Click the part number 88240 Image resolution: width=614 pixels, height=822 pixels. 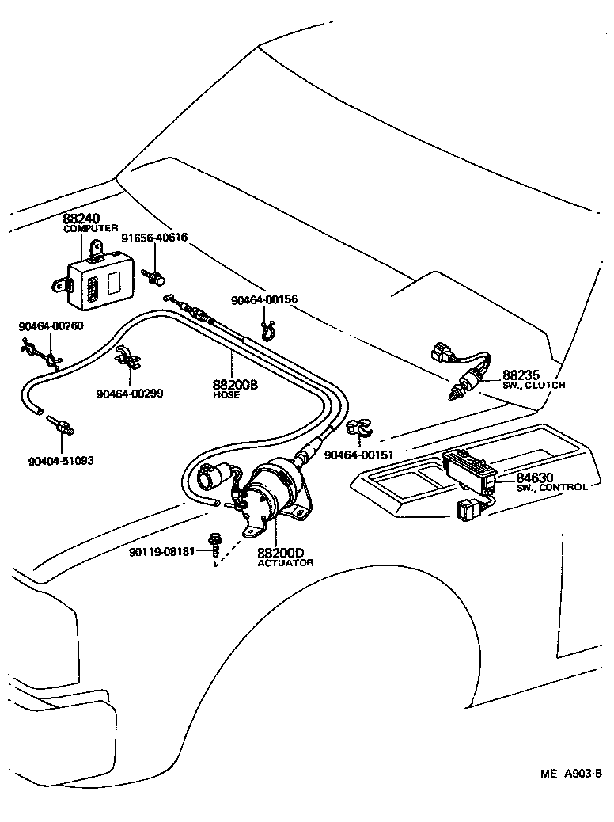point(83,218)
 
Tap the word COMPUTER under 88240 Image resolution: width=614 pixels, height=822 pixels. point(90,228)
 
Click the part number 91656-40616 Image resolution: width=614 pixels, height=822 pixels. point(154,237)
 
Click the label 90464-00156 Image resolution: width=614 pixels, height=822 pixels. point(264,300)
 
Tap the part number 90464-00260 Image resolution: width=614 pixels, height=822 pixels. point(51,325)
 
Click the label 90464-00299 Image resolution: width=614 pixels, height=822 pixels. point(130,394)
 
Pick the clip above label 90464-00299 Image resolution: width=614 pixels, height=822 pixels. point(127,359)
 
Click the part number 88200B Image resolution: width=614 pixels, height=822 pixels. point(235,385)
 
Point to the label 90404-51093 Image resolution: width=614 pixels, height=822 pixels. point(60,460)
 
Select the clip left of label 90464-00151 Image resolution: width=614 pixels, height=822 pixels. point(358,428)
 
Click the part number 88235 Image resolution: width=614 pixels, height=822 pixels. point(521,375)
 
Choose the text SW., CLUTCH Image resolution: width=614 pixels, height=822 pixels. point(534,386)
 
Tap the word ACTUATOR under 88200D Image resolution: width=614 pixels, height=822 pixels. point(286,563)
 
